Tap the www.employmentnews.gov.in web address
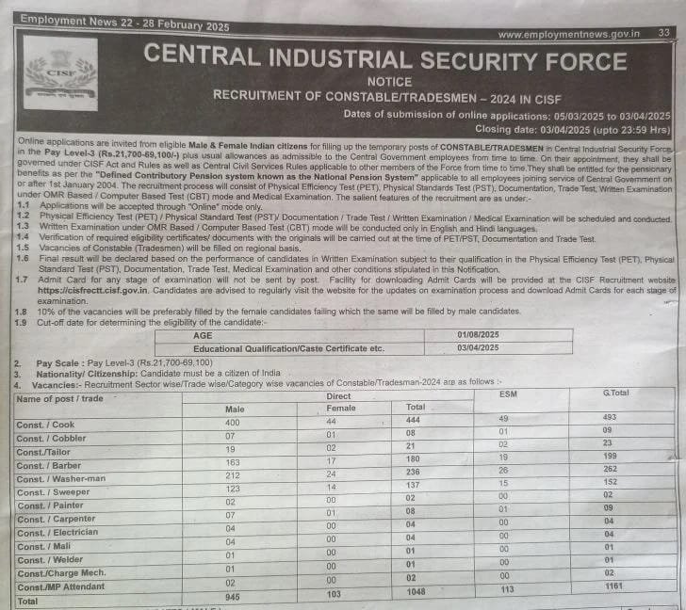(568, 35)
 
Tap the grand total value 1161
(615, 585)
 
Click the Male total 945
(233, 596)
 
